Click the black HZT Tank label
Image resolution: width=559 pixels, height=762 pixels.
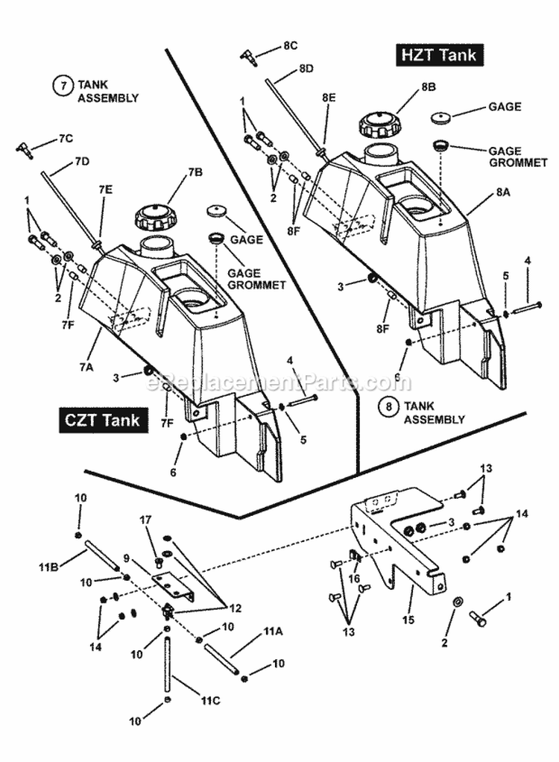tap(438, 55)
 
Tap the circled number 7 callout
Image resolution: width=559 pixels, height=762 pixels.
tap(63, 86)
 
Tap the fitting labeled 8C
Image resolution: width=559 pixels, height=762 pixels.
tap(249, 57)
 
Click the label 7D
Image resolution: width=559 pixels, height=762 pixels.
tap(81, 161)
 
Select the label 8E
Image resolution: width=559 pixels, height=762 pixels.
tap(329, 98)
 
